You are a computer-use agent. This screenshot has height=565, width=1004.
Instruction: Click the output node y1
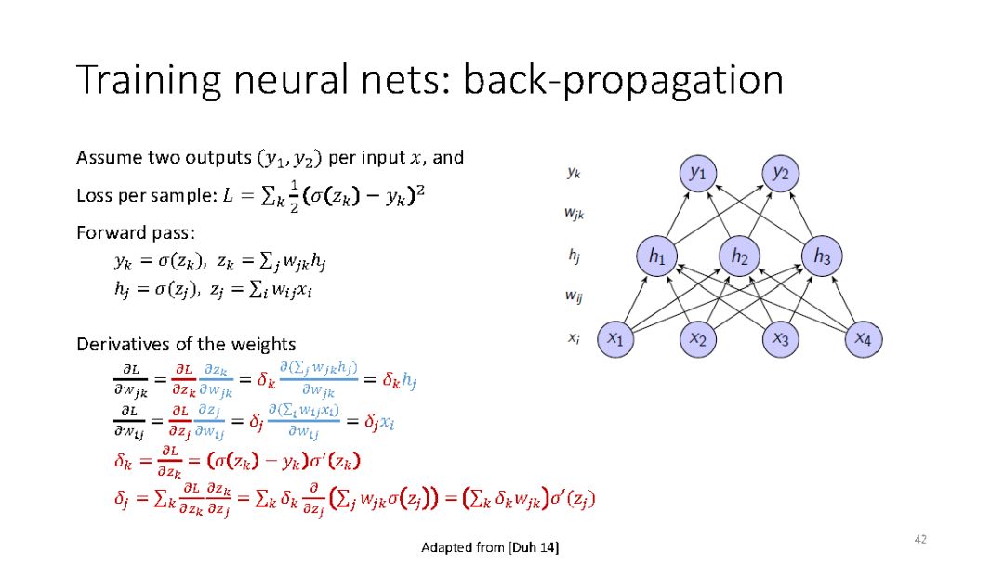pyautogui.click(x=698, y=174)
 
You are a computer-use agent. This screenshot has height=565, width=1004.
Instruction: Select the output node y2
pyautogui.click(x=781, y=174)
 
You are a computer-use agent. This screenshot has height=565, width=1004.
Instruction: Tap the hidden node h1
pyautogui.click(x=657, y=256)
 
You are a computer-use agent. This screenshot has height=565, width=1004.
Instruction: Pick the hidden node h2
pyautogui.click(x=739, y=256)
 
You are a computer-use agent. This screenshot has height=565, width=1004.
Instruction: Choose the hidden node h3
pyautogui.click(x=822, y=256)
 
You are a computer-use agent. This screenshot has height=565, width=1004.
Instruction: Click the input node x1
pyautogui.click(x=615, y=339)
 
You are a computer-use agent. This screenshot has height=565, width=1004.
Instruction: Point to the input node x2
pyautogui.click(x=698, y=339)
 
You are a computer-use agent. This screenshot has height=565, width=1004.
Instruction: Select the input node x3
pyautogui.click(x=781, y=339)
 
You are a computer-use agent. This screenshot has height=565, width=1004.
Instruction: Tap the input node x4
pyautogui.click(x=863, y=339)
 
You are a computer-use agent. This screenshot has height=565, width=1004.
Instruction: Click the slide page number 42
pyautogui.click(x=921, y=539)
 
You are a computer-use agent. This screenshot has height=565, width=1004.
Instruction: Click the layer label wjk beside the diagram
pyautogui.click(x=575, y=213)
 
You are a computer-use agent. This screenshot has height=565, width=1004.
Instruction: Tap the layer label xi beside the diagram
pyautogui.click(x=573, y=338)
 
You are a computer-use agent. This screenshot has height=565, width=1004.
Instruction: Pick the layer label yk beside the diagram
pyautogui.click(x=573, y=172)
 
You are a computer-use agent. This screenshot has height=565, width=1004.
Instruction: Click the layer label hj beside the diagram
pyautogui.click(x=573, y=254)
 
